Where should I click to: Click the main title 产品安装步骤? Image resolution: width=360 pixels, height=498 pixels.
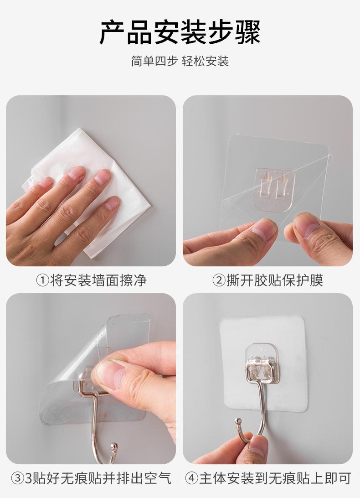pyautogui.click(x=180, y=32)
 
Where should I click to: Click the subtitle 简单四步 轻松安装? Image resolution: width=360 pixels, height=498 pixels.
pyautogui.click(x=180, y=61)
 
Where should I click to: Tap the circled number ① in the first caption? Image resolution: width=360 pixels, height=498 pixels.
pyautogui.click(x=42, y=280)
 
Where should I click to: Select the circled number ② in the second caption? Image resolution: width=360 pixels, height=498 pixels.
pyautogui.click(x=219, y=280)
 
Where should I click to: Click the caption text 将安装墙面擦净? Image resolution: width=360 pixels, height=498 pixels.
pyautogui.click(x=98, y=280)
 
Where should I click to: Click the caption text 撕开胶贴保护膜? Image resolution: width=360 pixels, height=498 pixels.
pyautogui.click(x=275, y=280)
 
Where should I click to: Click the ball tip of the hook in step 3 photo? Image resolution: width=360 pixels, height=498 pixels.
pyautogui.click(x=113, y=447)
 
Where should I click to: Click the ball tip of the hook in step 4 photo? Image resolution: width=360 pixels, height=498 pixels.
pyautogui.click(x=237, y=422)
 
